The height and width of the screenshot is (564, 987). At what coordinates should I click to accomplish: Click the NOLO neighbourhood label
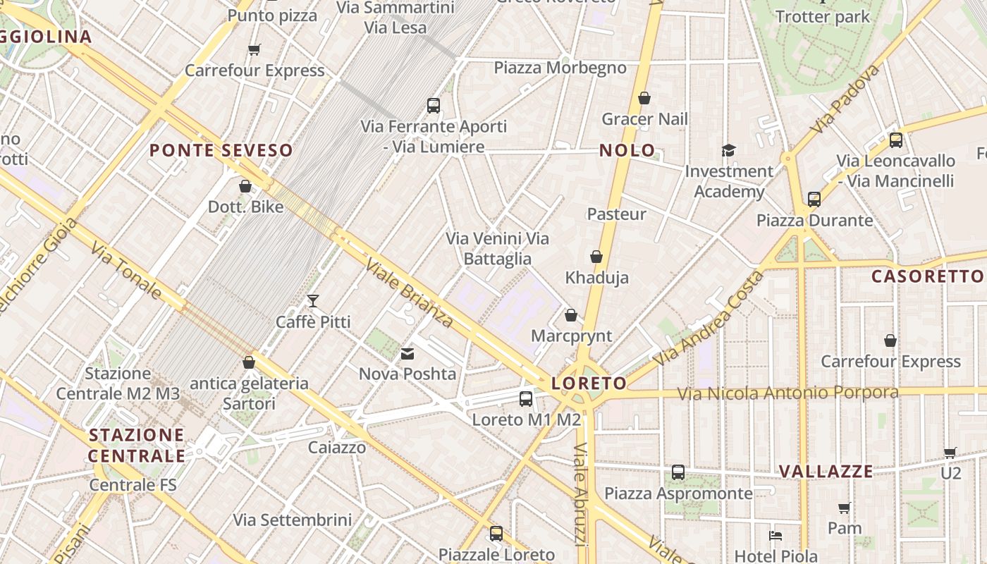(627, 150)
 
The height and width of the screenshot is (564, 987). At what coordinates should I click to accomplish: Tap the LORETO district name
(589, 384)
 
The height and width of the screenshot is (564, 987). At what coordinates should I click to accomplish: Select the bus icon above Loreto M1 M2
(526, 399)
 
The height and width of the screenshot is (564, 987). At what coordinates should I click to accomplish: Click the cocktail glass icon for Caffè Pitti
(313, 302)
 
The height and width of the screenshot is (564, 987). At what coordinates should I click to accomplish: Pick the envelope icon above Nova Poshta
(407, 353)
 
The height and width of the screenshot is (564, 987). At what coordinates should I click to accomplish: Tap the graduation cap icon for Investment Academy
(728, 151)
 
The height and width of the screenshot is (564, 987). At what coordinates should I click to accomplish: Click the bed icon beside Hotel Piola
(775, 536)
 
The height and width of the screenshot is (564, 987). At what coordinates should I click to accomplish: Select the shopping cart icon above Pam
(845, 508)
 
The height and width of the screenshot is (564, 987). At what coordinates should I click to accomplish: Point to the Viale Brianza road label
(409, 293)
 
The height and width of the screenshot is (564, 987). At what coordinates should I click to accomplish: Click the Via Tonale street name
(126, 270)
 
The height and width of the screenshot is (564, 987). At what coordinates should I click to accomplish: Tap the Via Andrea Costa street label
(707, 318)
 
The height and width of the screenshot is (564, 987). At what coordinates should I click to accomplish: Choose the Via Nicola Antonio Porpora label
(787, 393)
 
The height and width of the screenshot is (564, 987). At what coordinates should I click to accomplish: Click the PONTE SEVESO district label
(221, 150)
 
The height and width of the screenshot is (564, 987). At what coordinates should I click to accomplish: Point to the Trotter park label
(823, 17)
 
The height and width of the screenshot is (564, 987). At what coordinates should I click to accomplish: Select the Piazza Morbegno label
(560, 68)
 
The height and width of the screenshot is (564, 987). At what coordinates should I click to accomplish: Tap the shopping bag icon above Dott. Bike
(245, 186)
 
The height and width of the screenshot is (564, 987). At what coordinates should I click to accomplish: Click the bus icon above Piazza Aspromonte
(678, 472)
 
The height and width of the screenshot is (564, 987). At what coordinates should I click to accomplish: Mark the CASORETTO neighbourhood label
(927, 276)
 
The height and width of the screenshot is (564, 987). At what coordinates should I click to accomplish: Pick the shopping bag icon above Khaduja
(596, 257)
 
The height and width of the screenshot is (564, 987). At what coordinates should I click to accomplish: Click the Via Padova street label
(845, 99)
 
